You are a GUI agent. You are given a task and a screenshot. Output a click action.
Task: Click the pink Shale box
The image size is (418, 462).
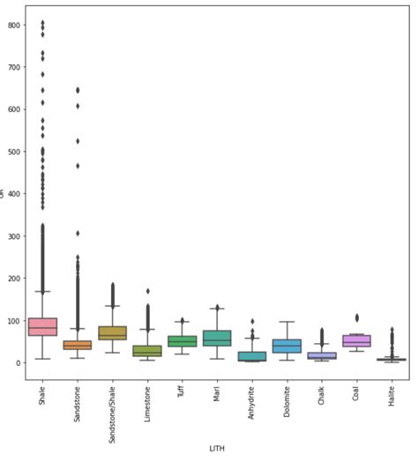coord(42,326)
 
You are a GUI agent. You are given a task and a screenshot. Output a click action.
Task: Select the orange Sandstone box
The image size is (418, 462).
coord(78,345)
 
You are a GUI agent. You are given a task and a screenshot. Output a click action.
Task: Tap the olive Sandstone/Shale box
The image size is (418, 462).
coord(112,333)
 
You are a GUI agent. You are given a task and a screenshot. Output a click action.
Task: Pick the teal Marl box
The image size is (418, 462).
coord(217,338)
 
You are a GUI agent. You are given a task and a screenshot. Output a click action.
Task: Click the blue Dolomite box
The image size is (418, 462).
coord(287,346)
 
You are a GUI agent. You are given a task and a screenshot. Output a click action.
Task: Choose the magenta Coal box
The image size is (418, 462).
coord(356,340)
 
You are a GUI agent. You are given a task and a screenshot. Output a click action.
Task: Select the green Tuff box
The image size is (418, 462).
coord(182,341)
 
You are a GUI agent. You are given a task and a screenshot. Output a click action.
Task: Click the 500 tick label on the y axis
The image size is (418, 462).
coord(13,152)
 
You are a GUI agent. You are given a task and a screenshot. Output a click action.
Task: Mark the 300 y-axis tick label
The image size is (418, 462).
coord(13,236)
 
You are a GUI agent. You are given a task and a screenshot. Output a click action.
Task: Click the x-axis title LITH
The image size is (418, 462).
coord(217,448)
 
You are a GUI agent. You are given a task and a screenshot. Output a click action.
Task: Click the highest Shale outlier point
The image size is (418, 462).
coord(42,23)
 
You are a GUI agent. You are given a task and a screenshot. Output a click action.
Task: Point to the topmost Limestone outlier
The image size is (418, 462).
coord(147,291)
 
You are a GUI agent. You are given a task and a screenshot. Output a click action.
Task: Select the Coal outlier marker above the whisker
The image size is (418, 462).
coord(356,317)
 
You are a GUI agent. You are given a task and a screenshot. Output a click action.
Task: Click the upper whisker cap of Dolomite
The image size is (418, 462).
coord(287,322)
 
